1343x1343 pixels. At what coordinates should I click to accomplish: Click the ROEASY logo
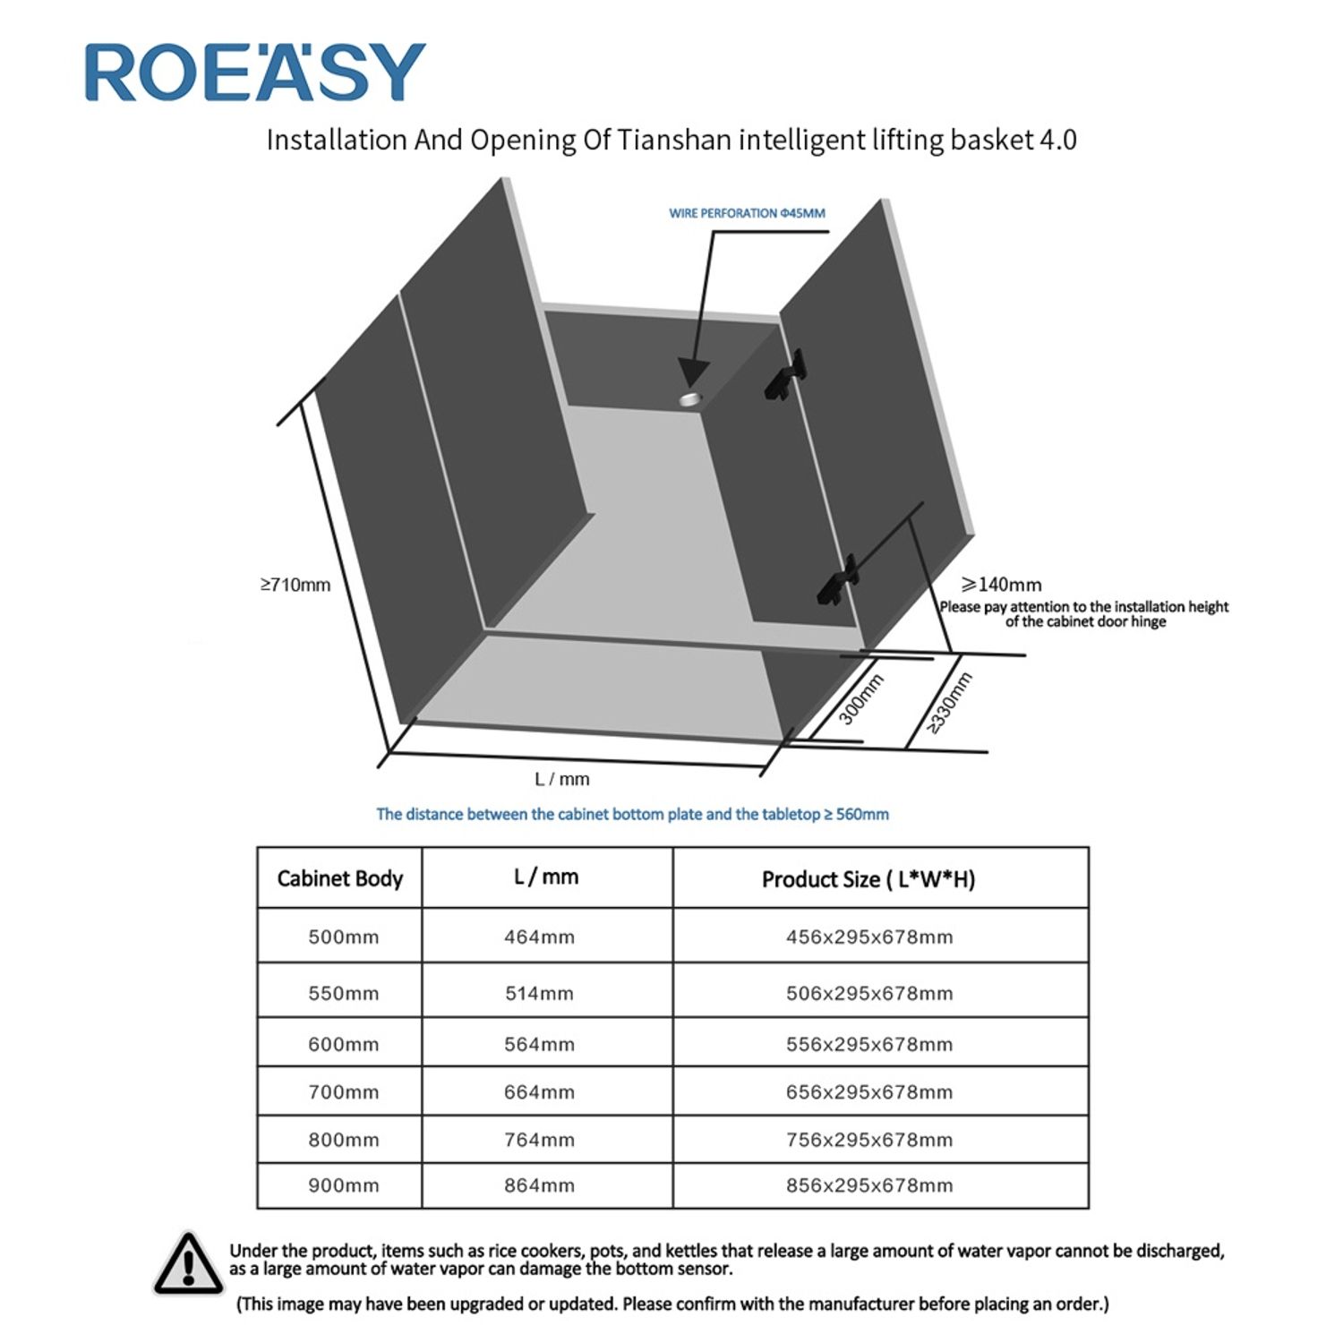coord(255,73)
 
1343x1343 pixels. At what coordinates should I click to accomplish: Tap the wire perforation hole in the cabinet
coord(691,398)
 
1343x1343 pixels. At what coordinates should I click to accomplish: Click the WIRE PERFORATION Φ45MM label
coord(747,213)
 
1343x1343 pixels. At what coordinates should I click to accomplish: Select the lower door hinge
coord(837,579)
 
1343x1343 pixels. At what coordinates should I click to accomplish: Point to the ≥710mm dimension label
coord(295,585)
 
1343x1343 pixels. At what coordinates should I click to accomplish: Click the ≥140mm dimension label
coord(1001,585)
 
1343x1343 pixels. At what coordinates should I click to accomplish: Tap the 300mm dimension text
coord(861,698)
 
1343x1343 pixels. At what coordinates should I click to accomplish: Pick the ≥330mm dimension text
coord(949,704)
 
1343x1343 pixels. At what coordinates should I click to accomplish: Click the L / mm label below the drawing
coord(561,779)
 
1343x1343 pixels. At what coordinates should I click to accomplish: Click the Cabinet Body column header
coord(339,878)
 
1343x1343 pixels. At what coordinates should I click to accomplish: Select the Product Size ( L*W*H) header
coord(868,879)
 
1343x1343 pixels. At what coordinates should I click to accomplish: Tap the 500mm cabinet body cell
coord(343,937)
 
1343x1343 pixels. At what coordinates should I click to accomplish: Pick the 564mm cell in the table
coord(539,1044)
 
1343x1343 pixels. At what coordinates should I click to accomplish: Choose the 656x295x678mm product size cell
coord(868,1092)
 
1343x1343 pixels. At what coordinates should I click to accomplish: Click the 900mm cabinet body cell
coord(343,1185)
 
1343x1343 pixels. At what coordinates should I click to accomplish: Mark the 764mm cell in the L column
coord(539,1140)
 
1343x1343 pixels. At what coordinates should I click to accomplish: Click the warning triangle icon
coord(188,1263)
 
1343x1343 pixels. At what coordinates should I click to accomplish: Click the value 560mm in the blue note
coord(862,814)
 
